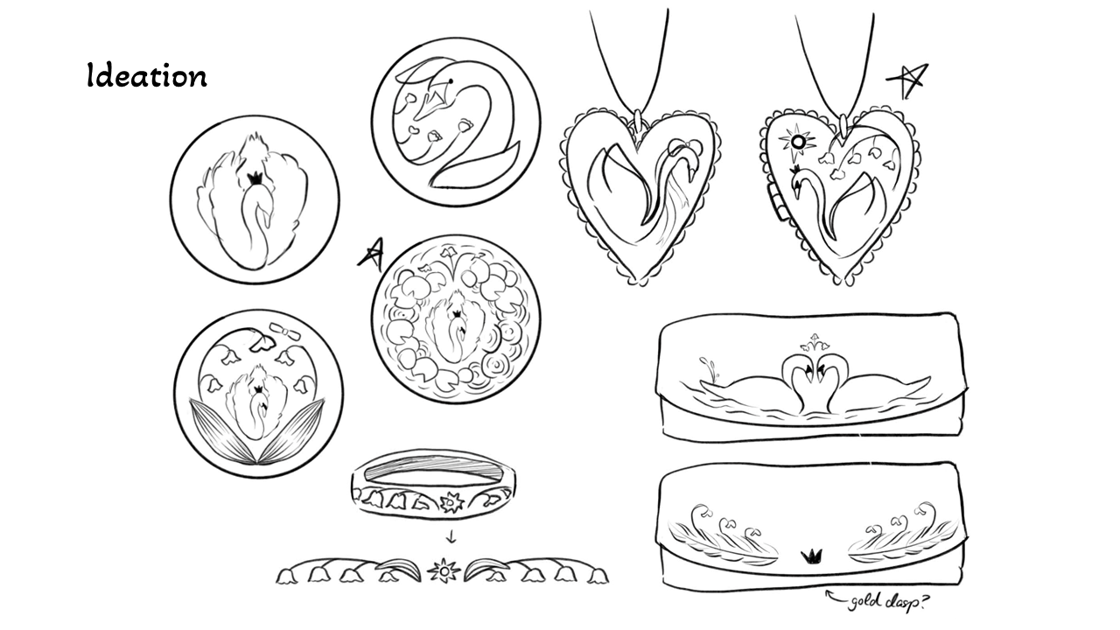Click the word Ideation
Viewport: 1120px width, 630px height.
click(147, 75)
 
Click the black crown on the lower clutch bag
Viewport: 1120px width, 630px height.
click(813, 556)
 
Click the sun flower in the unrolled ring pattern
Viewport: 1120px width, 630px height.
click(444, 571)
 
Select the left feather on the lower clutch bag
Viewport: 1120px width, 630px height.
click(723, 533)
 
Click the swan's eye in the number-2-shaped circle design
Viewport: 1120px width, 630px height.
click(449, 82)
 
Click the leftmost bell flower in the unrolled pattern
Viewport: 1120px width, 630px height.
click(286, 575)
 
